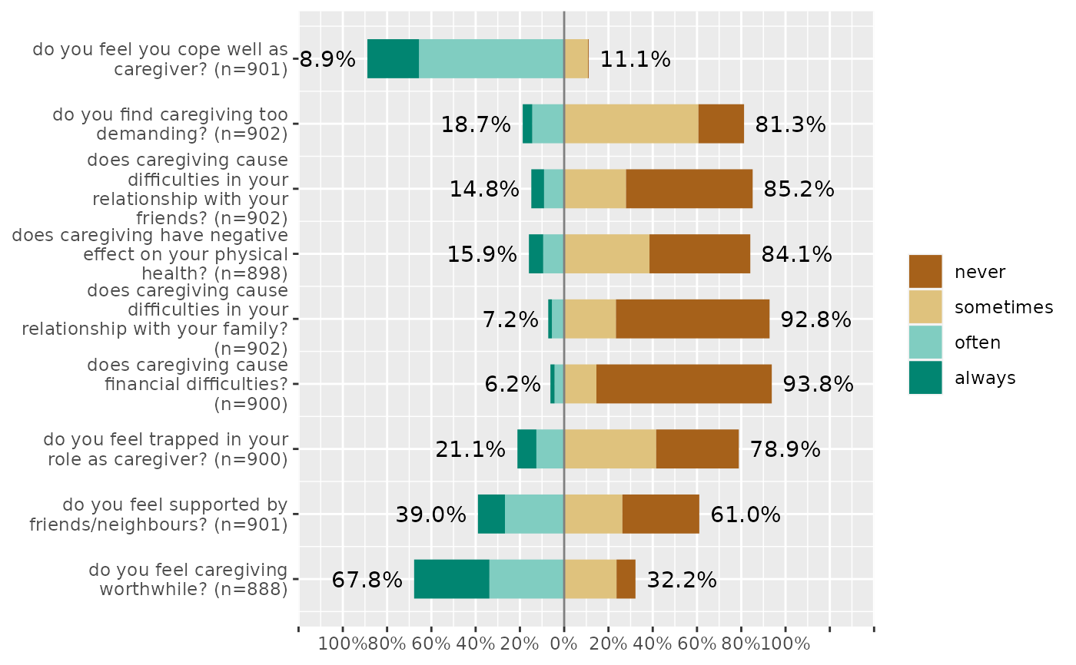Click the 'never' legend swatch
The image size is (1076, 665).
(925, 272)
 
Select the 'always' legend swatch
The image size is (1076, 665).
(925, 378)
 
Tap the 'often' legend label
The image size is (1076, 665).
(978, 342)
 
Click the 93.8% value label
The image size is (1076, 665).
(818, 384)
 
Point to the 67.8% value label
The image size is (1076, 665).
(367, 580)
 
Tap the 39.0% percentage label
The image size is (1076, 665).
(430, 514)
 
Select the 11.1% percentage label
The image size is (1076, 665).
(635, 59)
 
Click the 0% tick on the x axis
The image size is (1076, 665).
(564, 643)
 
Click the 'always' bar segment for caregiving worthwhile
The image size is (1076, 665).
(452, 579)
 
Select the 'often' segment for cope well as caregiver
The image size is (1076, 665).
(491, 58)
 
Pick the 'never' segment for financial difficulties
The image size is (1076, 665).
(683, 384)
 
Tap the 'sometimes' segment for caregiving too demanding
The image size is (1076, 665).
(631, 124)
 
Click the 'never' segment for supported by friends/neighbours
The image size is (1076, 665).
(660, 514)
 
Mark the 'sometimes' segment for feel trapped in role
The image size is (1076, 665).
(609, 448)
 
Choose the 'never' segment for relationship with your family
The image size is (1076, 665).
(692, 319)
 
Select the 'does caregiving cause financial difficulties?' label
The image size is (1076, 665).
(188, 384)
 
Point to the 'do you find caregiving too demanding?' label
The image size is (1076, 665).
(171, 124)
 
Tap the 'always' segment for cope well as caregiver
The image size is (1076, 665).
(393, 58)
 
